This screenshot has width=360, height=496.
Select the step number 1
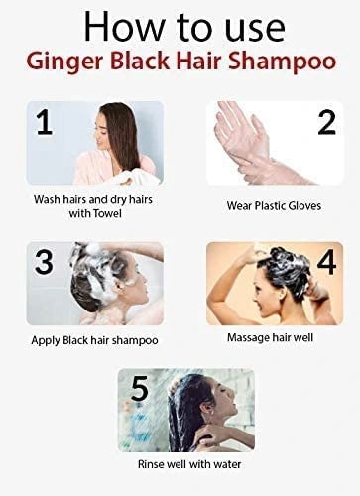click(x=43, y=124)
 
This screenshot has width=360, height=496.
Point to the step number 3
click(x=43, y=263)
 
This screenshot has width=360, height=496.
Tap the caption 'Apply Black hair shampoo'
click(x=95, y=340)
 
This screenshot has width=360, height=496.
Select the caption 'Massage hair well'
click(x=271, y=339)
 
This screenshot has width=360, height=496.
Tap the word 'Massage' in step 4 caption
click(x=249, y=339)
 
